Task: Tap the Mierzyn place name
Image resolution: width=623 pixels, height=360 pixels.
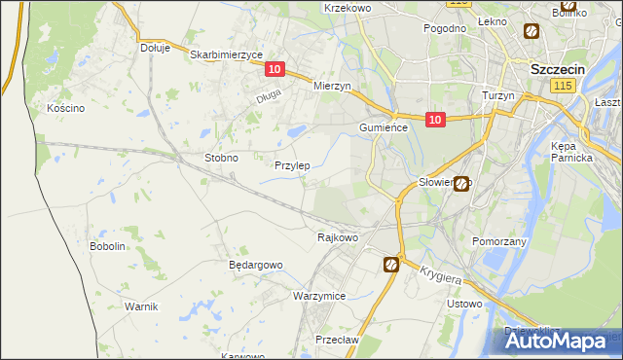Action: coord(331,86)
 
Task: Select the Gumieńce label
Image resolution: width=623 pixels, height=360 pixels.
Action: coord(388,127)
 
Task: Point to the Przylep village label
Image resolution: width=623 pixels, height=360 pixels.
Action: coord(292,165)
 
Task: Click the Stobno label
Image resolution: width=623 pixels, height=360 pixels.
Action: coord(221,157)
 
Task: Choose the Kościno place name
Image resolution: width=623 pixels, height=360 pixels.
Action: coord(66,108)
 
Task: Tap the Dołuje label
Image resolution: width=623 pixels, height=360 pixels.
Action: coord(155,47)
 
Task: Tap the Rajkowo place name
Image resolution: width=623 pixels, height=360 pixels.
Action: coord(339,236)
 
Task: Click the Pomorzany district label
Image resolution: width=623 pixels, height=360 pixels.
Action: coord(498,240)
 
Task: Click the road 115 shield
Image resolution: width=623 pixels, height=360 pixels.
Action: coord(562,87)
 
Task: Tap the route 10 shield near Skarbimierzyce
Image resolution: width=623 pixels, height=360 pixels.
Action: coord(275,69)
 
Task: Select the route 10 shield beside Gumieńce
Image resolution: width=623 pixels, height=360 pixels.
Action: coord(434,120)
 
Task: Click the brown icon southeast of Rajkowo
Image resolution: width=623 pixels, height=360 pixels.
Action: coord(391,264)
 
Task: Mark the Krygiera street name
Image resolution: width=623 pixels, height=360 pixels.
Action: coord(441,275)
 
